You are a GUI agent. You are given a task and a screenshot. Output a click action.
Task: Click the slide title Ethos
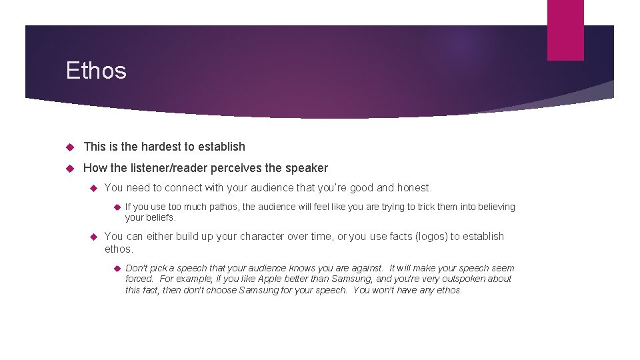point(96,71)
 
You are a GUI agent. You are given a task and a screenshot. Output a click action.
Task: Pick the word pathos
point(224,207)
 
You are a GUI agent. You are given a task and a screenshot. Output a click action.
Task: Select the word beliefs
point(161,217)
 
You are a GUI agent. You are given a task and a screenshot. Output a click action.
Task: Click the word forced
point(139,279)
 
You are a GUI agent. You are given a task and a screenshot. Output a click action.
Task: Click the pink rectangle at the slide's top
point(565,29)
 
